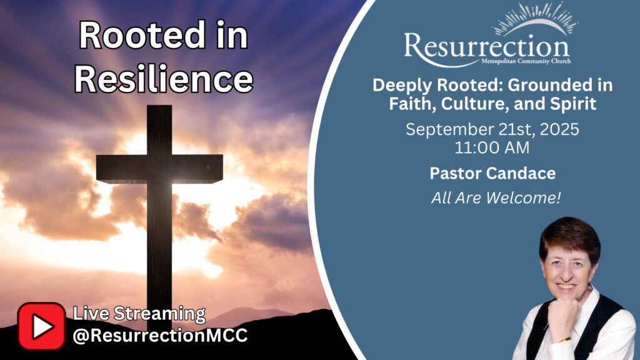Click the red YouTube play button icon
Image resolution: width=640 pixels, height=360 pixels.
(41, 326)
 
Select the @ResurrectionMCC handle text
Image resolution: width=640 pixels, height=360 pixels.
(160, 336)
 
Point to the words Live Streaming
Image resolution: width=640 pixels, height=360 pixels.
(139, 314)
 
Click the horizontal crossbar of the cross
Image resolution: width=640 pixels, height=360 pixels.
(159, 168)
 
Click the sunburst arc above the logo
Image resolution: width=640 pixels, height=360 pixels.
(535, 19)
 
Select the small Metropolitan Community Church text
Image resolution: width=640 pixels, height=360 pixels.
(526, 61)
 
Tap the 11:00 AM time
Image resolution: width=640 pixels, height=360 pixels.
(492, 147)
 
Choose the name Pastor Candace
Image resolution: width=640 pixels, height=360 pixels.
(492, 174)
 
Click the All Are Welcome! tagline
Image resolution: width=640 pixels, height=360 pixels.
(496, 198)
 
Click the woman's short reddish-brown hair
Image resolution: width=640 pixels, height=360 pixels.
(570, 237)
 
